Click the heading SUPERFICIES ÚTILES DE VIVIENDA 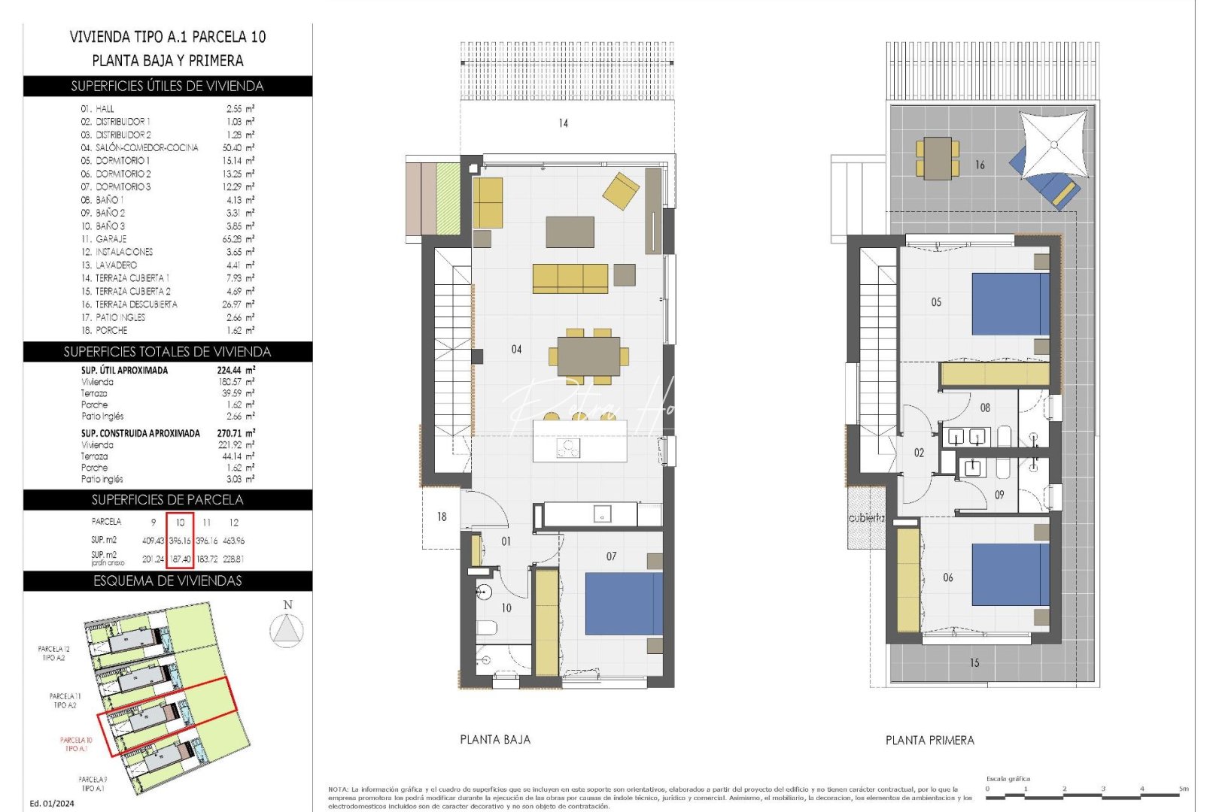167,86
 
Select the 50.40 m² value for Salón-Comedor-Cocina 240,147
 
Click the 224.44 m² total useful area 236,370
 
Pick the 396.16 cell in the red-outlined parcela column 180,541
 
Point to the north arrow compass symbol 287,629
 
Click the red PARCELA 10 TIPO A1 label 76,744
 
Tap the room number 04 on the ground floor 516,349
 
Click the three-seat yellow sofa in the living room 570,278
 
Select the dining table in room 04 588,356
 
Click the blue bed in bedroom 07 623,604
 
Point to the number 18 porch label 442,517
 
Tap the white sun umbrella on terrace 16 1053,144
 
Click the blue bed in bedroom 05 1009,304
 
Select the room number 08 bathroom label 985,408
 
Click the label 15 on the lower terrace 974,662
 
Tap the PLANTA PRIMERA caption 929,741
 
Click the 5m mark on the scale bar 1183,789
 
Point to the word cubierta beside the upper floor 866,518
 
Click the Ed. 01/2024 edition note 52,803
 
